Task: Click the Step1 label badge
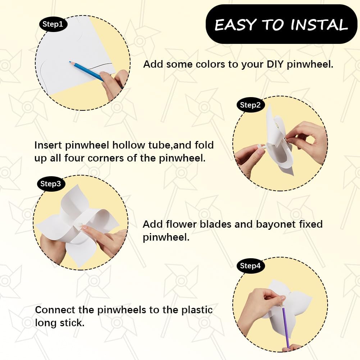coord(53,24)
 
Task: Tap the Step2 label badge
coord(250,105)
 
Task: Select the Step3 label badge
coord(51,184)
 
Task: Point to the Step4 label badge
coord(250,266)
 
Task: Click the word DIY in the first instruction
coord(275,64)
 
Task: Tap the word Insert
coord(49,145)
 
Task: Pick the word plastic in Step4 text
coord(197,310)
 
